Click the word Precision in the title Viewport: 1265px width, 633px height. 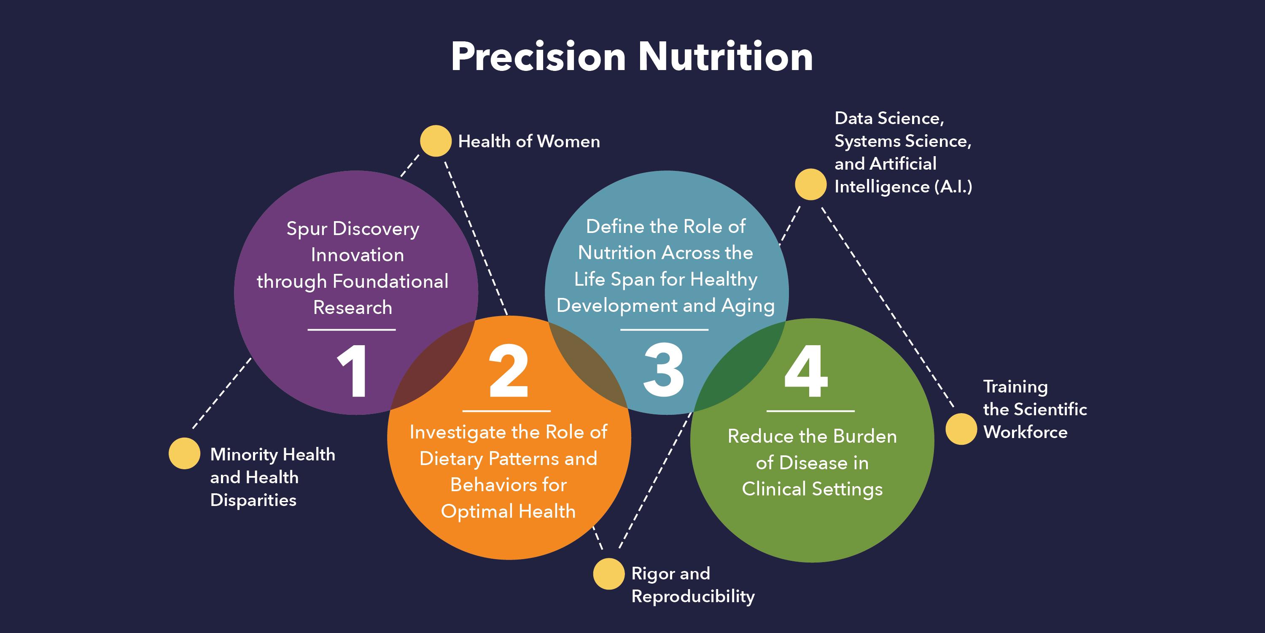coord(538,57)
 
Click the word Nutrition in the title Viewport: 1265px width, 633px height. coord(725,57)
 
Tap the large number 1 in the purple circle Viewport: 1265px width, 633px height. coord(353,371)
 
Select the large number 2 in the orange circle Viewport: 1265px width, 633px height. coord(508,371)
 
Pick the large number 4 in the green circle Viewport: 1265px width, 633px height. coord(806,371)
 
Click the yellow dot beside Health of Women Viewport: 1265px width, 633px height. coord(436,141)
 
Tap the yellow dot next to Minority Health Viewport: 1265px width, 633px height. coord(184,453)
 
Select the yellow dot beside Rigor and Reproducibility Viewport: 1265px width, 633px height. coord(608,573)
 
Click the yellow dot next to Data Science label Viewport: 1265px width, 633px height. coord(810,184)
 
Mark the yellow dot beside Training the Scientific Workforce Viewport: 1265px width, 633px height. coord(961,429)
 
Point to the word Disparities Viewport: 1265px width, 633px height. coord(253,500)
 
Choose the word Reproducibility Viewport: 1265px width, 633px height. coord(693,596)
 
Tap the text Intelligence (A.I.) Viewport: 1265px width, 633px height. coord(903,187)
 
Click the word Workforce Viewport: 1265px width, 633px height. coord(1025,432)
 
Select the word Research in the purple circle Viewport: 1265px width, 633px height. coord(353,308)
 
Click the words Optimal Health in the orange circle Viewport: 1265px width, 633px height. coord(508,511)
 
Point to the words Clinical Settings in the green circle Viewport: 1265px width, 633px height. coord(812,489)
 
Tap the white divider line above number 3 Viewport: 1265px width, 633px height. coord(664,330)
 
